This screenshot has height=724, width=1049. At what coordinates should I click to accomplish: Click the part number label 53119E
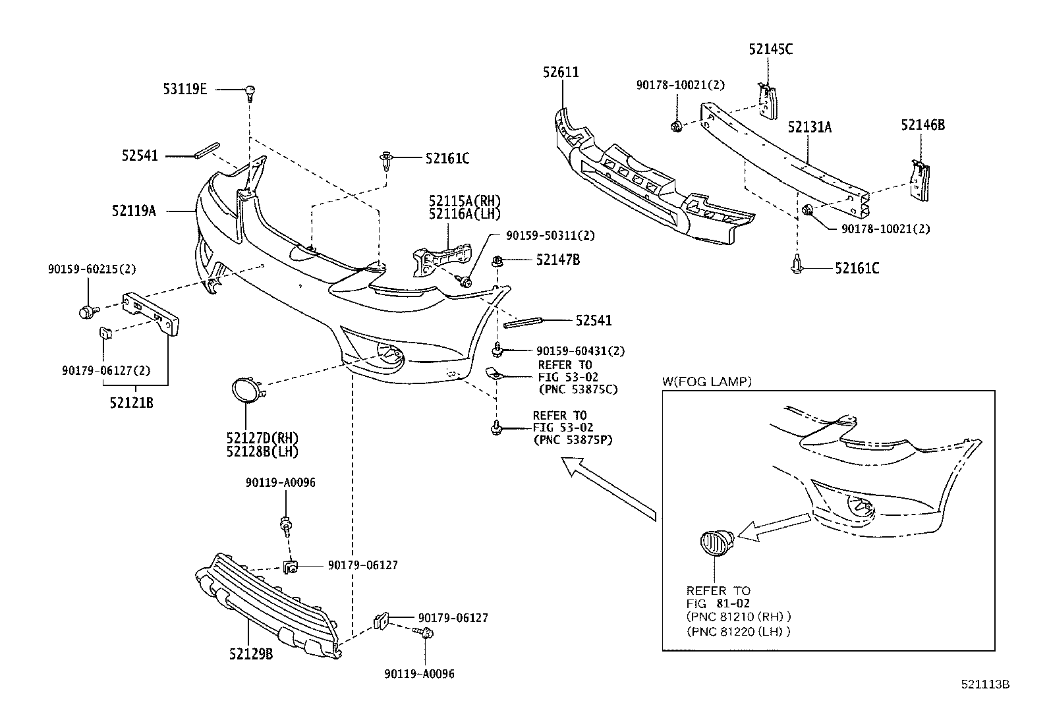pyautogui.click(x=184, y=89)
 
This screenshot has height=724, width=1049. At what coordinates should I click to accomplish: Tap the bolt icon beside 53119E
pyautogui.click(x=250, y=92)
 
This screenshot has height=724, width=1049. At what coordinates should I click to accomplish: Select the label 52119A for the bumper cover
pyautogui.click(x=134, y=211)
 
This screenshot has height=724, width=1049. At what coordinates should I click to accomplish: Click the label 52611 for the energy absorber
pyautogui.click(x=561, y=72)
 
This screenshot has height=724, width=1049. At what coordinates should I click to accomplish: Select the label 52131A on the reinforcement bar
pyautogui.click(x=809, y=127)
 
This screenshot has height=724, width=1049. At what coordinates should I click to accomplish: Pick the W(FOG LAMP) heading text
pyautogui.click(x=706, y=381)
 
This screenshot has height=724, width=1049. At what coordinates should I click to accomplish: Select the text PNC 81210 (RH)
pyautogui.click(x=738, y=617)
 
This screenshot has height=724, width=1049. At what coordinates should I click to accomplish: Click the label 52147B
pyautogui.click(x=557, y=260)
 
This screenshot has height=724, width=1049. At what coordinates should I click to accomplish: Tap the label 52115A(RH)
pyautogui.click(x=465, y=200)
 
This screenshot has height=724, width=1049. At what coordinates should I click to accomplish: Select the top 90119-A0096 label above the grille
pyautogui.click(x=280, y=482)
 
